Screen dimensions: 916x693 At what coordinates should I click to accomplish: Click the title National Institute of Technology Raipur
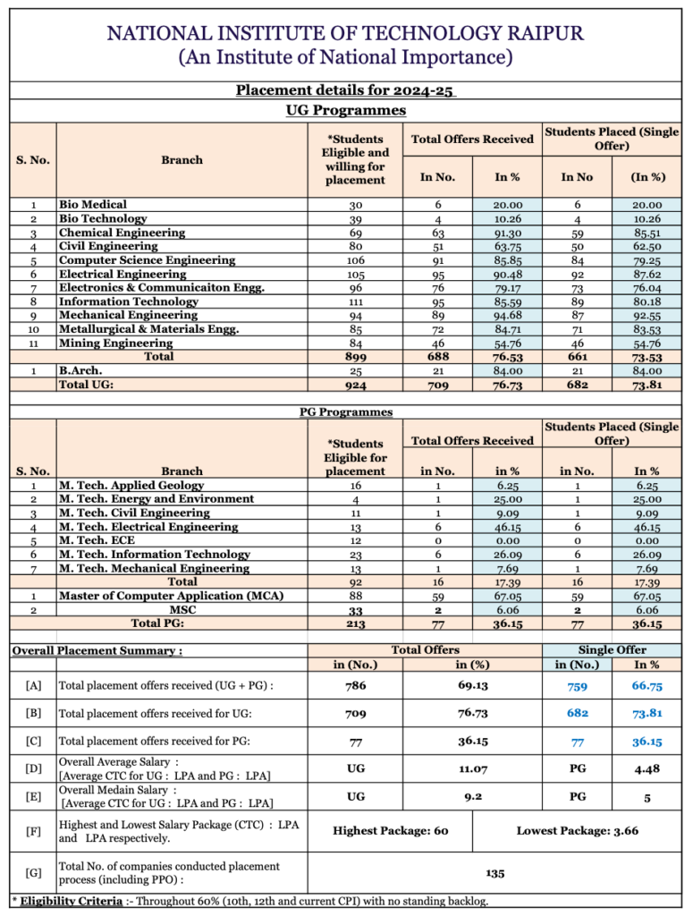point(345,33)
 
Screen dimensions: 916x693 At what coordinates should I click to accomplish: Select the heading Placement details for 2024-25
point(345,90)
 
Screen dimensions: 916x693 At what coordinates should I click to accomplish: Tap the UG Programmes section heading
point(345,110)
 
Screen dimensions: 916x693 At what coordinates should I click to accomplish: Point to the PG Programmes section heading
point(345,412)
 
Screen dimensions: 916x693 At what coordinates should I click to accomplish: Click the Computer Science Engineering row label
point(148,260)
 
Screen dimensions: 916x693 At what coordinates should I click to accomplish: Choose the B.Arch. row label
point(80,370)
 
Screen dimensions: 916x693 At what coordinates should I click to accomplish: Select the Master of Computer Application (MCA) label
point(155,596)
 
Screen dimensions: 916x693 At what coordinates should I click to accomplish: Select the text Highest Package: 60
point(390,831)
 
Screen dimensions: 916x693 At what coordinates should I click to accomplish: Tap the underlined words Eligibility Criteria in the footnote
point(71,901)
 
